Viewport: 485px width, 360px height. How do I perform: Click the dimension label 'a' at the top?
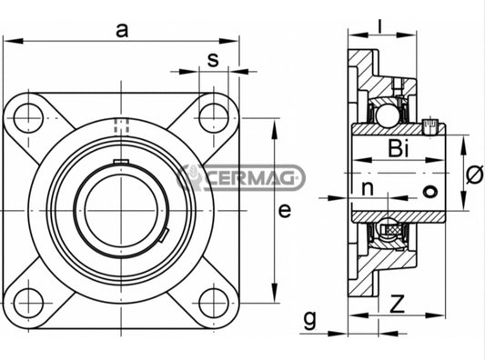tap(121, 30)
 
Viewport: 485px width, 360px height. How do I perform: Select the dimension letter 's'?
tap(212, 60)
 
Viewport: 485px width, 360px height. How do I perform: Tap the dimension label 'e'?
tap(284, 212)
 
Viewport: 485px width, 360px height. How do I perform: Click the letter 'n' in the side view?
tap(368, 189)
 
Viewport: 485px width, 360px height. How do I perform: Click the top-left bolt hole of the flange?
tap(29, 115)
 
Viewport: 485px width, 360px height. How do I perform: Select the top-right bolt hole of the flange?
tap(213, 115)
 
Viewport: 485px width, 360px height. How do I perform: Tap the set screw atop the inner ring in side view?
tap(431, 121)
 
